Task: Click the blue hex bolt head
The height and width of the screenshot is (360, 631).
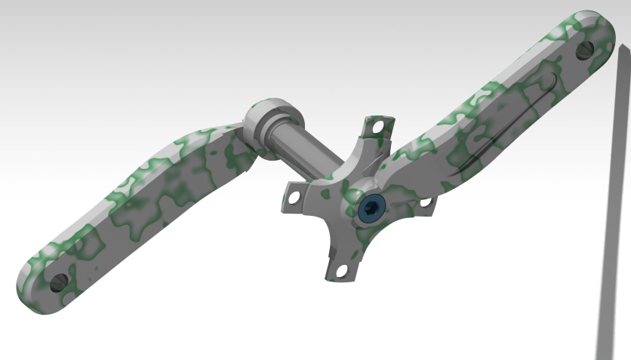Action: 372,208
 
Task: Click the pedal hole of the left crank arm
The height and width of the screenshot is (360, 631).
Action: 57,282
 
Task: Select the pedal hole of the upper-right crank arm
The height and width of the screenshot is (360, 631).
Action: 585,52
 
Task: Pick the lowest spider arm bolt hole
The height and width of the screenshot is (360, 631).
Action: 340,269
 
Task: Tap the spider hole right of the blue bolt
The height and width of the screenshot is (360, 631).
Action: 424,202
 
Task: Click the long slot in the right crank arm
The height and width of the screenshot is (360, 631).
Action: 513,121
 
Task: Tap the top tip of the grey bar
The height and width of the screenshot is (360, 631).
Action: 624,49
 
